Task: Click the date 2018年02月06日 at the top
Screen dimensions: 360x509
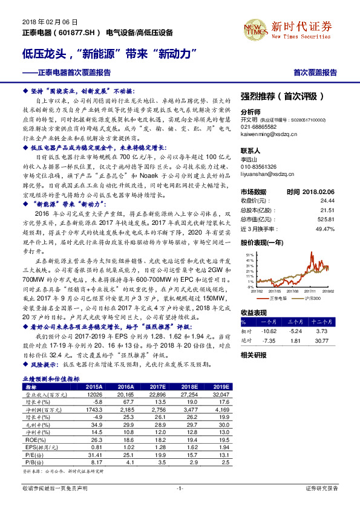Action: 44,21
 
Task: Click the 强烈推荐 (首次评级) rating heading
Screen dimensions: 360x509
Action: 282,96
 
